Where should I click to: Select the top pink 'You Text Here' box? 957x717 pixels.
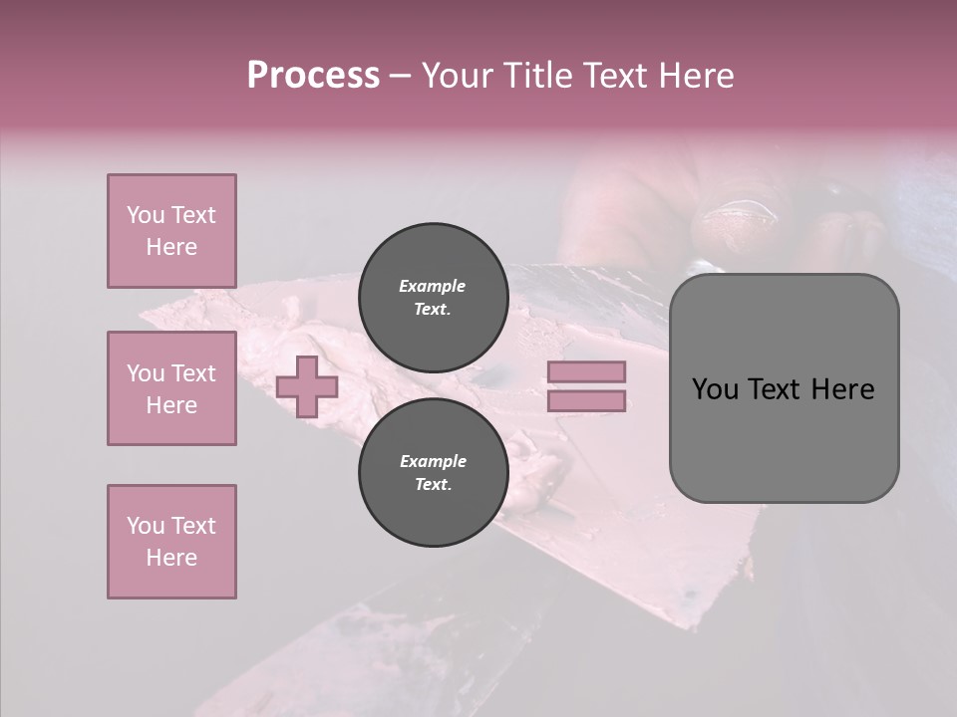[171, 231]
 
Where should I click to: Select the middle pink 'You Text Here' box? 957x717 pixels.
[171, 388]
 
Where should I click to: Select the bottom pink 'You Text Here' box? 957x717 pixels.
[171, 542]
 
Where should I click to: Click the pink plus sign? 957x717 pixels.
[307, 386]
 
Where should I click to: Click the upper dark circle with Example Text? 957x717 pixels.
[433, 297]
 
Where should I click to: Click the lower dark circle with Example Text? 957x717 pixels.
[433, 472]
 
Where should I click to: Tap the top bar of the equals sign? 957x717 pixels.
[586, 371]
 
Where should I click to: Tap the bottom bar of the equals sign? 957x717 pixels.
[586, 400]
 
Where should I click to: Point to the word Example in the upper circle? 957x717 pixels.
[433, 286]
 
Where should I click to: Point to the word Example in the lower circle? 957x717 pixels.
[433, 461]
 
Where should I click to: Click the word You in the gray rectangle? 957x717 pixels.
[715, 389]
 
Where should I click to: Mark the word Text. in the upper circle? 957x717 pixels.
[433, 310]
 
